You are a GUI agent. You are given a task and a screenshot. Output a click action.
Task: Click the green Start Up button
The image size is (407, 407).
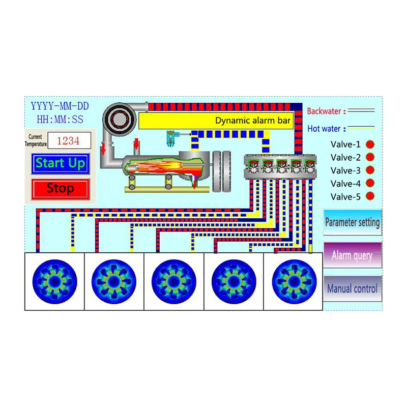[60, 164]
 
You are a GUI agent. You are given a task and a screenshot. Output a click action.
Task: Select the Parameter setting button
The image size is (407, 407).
[352, 222]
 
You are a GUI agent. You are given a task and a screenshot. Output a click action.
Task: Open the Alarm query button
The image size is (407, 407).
[352, 255]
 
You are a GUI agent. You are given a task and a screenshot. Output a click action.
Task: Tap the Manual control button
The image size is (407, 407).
[352, 288]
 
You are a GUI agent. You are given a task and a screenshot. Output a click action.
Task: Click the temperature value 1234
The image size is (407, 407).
[69, 141]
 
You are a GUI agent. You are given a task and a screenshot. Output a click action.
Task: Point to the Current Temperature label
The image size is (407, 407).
[35, 141]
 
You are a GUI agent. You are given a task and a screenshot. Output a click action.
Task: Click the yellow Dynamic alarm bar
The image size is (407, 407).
[216, 121]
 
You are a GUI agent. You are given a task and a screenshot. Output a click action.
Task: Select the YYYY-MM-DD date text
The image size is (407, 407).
[60, 107]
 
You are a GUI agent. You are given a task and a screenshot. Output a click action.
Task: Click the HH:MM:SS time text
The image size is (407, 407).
[60, 120]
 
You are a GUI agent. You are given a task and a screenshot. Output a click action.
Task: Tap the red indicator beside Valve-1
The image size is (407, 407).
[370, 144]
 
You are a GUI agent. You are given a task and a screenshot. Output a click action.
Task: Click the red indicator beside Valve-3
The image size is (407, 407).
[370, 170]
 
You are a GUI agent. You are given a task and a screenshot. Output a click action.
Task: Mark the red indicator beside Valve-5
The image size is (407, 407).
[370, 196]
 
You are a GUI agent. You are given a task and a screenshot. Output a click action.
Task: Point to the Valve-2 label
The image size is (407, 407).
[345, 157]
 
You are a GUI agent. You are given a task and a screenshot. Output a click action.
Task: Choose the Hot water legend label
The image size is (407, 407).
[324, 129]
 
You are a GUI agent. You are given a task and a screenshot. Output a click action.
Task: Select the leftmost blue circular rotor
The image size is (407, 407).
[54, 281]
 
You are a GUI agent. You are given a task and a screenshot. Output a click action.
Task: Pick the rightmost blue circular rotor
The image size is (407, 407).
[292, 281]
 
